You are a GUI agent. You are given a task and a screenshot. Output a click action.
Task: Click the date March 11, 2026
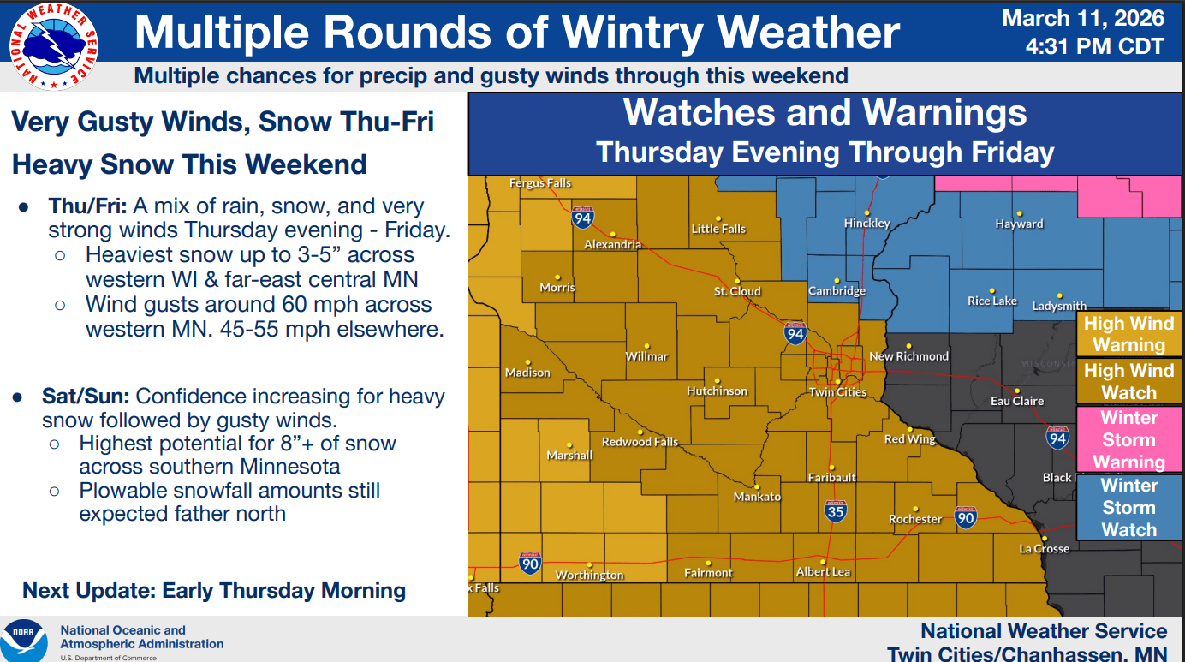[x=1083, y=18]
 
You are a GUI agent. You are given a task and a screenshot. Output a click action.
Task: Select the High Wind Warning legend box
[x=1128, y=334]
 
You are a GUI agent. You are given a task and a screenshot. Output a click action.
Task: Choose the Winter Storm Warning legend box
[x=1128, y=440]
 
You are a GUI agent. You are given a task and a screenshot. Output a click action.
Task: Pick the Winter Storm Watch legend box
[x=1128, y=507]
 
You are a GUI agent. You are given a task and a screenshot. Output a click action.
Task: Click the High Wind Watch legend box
[x=1128, y=382]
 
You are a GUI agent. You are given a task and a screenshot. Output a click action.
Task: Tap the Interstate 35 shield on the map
[x=836, y=511]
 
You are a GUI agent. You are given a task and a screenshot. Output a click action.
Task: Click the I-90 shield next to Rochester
[x=966, y=516]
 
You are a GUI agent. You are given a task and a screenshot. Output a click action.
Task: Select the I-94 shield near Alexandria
[x=583, y=218]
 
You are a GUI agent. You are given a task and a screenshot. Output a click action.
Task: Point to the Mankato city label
[x=757, y=497]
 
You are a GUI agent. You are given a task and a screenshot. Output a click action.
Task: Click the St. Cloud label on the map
[x=737, y=291]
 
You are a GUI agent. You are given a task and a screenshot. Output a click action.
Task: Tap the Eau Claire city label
[x=1017, y=401]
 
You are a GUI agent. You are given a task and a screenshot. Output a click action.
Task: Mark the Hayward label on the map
[x=1019, y=224]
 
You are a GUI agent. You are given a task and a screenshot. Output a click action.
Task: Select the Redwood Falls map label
[x=640, y=442]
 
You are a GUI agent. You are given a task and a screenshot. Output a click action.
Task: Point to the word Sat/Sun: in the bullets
[x=86, y=397]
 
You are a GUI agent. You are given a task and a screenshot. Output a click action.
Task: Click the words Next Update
[x=89, y=591]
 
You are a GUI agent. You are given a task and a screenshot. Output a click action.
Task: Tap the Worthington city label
[x=589, y=575]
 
